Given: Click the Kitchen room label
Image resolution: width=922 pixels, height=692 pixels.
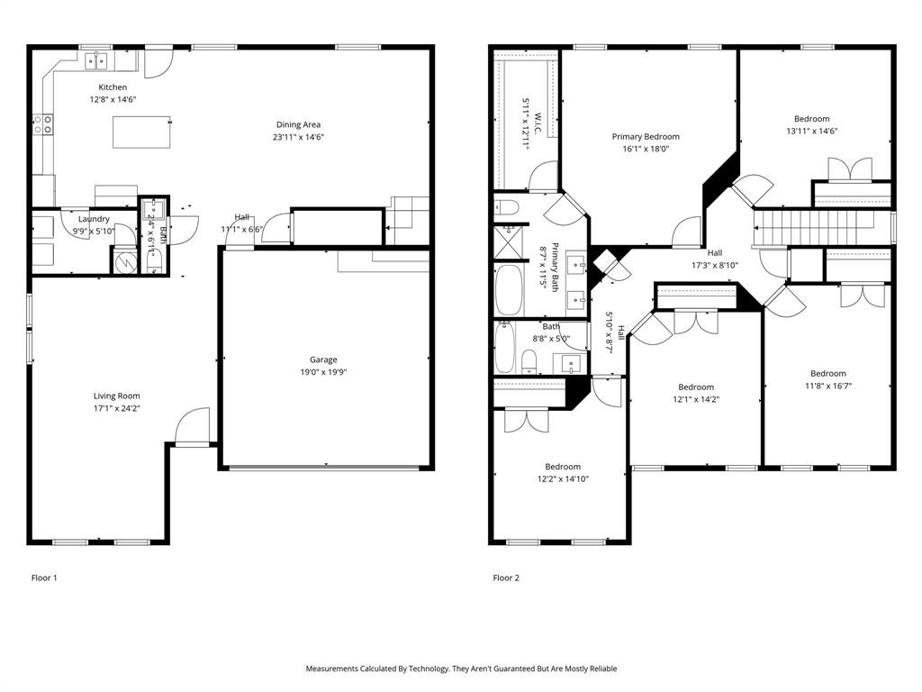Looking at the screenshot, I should click(113, 87).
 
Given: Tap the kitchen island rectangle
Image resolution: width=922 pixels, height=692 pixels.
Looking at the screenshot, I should click(141, 132).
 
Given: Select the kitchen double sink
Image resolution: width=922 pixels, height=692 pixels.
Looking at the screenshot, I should click(96, 60).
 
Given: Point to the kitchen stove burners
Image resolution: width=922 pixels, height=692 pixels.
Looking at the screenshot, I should click(42, 123).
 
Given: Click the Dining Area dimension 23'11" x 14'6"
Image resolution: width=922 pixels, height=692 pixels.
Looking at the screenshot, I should click(298, 137).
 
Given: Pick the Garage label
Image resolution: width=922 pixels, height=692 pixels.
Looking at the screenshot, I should click(323, 360).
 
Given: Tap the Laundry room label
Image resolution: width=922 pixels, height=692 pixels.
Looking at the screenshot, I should click(94, 219).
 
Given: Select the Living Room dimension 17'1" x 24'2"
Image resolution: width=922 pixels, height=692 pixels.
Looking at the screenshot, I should click(117, 408).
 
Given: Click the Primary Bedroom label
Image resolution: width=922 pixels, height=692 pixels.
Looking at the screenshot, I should click(646, 137).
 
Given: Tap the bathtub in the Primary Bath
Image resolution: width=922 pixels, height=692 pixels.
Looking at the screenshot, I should click(509, 288).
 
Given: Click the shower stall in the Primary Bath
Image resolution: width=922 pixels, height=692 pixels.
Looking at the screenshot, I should click(509, 241).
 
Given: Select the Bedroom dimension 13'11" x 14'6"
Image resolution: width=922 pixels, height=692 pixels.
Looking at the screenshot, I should click(811, 132).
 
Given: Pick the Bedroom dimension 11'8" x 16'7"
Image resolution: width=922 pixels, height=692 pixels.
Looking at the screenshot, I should click(827, 386).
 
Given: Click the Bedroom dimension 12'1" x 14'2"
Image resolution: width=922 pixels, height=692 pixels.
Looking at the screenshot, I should click(695, 399).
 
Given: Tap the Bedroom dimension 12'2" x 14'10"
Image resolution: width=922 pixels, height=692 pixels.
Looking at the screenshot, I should click(563, 478).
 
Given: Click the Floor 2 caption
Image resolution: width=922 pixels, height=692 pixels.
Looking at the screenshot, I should click(506, 578).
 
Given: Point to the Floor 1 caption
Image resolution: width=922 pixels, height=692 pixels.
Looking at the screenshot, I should click(44, 578).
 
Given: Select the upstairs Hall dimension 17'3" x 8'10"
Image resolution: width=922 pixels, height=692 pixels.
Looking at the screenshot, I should click(714, 265).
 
